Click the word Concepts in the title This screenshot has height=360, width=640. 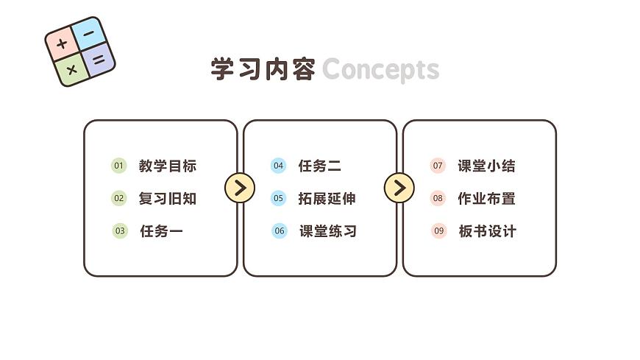coord(380,70)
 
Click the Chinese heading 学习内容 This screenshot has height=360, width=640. coord(263,70)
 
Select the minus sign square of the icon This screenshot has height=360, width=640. coord(88,34)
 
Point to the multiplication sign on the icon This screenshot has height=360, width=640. coord(71,70)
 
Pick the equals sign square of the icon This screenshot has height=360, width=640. coord(99,59)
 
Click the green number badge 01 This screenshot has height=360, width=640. coord(119,166)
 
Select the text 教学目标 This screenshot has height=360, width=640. coord(168,166)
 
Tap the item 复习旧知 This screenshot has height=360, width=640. coord(168,198)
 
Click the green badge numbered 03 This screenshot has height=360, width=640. coord(119,231)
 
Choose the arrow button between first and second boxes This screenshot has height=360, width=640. coord(239,188)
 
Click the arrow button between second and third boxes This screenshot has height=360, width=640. coord(399,188)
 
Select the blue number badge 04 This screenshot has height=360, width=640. coord(278,166)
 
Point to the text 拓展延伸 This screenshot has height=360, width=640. coord(327,198)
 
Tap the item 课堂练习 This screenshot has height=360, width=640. coord(327,231)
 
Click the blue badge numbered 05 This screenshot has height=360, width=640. coord(278,198)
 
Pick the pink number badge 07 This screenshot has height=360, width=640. coord(438,166)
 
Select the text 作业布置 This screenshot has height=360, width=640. coord(486,198)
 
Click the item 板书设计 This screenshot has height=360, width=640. coord(487,231)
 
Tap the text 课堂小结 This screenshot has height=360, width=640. coord(486,166)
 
